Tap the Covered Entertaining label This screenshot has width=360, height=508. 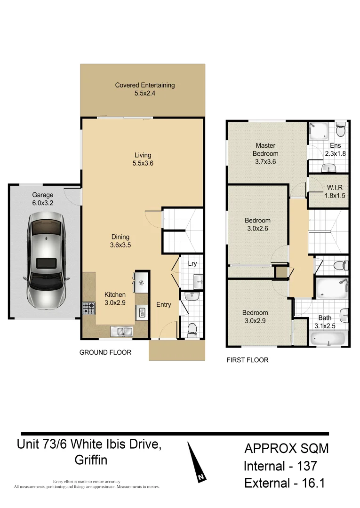coord(145,89)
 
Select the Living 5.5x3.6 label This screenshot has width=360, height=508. coord(144,159)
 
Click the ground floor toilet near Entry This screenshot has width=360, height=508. coord(192,329)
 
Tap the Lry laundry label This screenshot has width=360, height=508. coord(192,264)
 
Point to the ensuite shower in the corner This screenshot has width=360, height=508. coord(319,131)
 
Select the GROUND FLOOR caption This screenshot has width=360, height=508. coord(105,352)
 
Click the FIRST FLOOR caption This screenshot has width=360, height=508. coord(248,360)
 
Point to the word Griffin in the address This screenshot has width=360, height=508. coord(91,460)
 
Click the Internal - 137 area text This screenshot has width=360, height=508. coord(280,466)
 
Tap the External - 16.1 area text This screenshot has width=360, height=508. coord(284,483)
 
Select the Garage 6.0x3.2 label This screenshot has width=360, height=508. coord(43,199)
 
